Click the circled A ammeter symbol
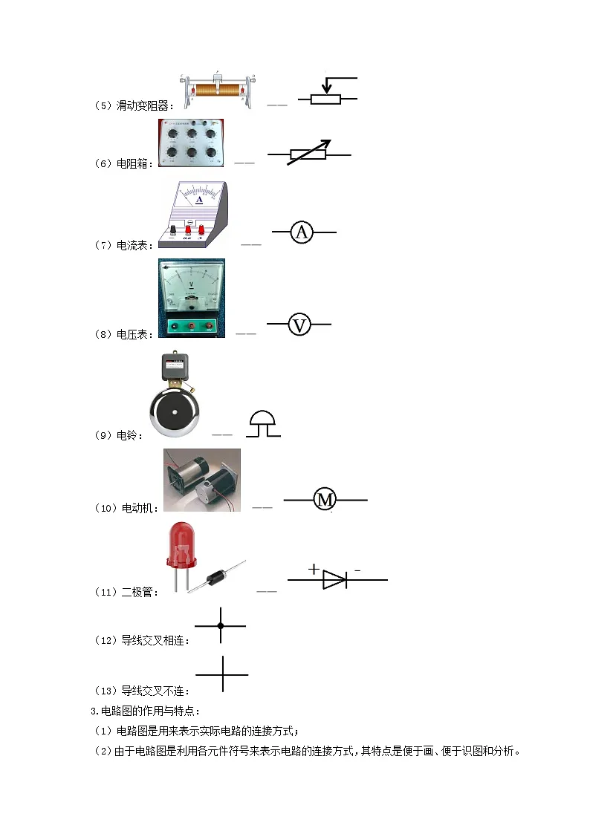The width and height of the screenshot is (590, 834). coord(302,232)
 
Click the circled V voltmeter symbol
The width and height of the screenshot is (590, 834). coord(299,325)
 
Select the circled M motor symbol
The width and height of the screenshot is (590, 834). coord(325,500)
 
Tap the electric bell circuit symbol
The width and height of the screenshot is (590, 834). coord(263,423)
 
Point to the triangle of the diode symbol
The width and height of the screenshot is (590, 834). coord(334,580)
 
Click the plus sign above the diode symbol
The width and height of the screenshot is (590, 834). coord(314,569)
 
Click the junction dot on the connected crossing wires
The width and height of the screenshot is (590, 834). coord(221,626)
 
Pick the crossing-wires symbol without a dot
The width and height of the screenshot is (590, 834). coord(222,674)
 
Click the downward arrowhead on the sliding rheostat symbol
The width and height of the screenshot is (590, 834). coord(327,88)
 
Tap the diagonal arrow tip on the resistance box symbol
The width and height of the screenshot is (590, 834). coord(327,143)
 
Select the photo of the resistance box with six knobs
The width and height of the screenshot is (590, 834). coord(191,143)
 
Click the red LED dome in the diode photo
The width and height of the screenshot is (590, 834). coord(181,543)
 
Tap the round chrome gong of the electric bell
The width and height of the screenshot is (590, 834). coord(174,413)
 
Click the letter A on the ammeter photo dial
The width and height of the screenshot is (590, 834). coord(199,200)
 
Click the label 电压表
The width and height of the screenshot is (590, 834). coord(132,334)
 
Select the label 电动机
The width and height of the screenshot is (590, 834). coord(137,508)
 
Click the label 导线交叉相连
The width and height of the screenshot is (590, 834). coord(152,640)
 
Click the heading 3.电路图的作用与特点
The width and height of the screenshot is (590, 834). coord(143,711)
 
